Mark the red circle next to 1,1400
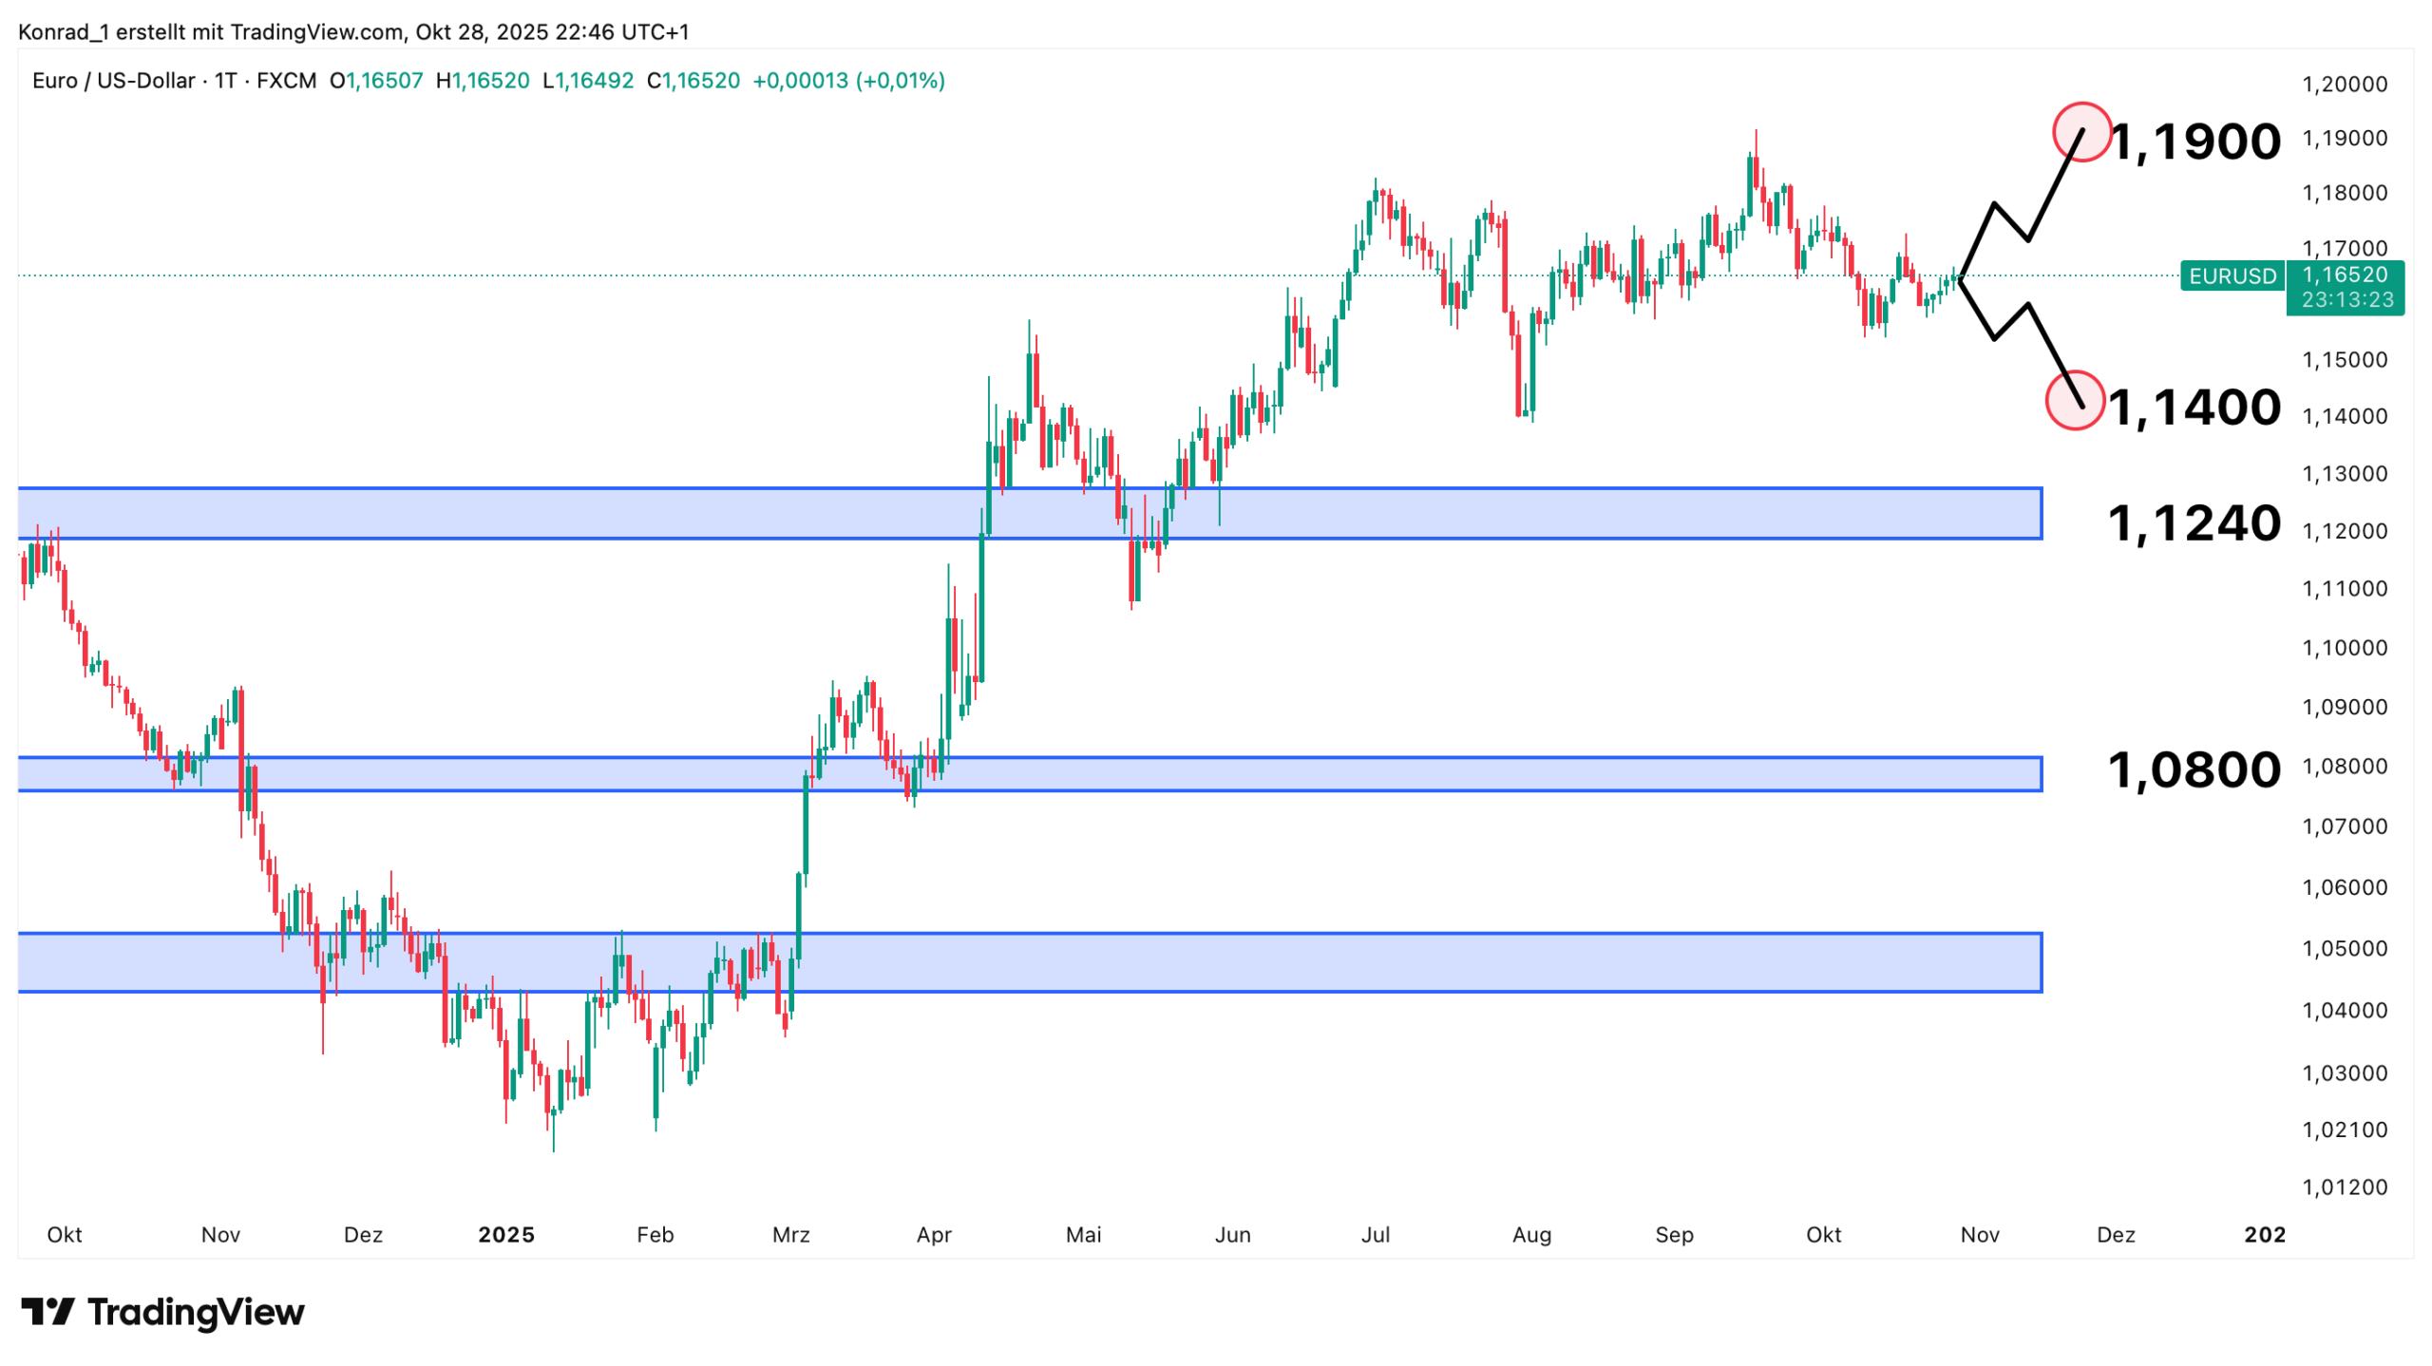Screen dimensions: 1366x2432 2074,400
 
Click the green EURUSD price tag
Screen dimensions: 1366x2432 2232,276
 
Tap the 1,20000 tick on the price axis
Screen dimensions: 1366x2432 2344,85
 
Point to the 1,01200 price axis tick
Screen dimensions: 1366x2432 2344,1186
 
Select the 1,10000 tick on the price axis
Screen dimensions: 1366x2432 2344,648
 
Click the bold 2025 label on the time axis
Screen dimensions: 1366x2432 506,1234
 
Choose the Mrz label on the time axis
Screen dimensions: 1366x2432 790,1234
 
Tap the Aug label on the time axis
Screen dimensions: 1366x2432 1531,1234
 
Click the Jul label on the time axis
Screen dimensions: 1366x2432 1375,1234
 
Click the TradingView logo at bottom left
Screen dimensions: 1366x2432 162,1312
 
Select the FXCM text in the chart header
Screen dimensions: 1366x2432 286,81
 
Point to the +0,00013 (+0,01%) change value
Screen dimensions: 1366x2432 848,81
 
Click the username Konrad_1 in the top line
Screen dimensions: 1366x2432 64,32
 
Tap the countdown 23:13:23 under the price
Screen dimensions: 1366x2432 2347,300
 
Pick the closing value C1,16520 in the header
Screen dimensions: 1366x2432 693,81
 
